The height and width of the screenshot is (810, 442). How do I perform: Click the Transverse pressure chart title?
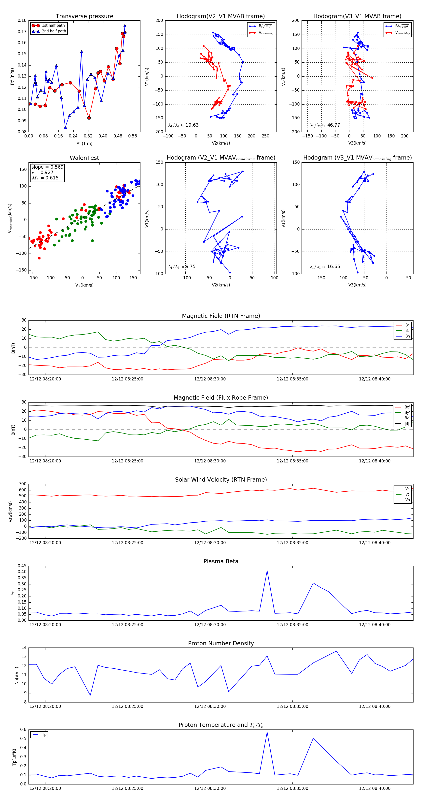click(x=84, y=16)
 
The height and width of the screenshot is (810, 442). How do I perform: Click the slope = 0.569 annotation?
click(x=47, y=167)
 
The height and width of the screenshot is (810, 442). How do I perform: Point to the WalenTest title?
click(x=84, y=158)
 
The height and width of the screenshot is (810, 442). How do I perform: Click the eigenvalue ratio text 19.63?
click(x=192, y=125)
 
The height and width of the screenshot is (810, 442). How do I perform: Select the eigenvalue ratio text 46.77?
click(x=333, y=125)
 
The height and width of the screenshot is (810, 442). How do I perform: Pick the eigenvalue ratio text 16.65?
click(x=333, y=267)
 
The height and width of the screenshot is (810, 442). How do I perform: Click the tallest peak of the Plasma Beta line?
click(x=267, y=571)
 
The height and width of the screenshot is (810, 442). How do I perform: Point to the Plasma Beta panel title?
click(x=221, y=561)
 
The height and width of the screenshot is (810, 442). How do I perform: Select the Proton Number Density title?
click(x=221, y=643)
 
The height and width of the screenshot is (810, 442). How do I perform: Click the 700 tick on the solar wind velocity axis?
click(x=23, y=484)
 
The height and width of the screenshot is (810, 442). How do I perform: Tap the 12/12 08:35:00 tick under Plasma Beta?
click(x=292, y=624)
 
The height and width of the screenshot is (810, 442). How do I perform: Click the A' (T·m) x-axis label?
click(x=84, y=143)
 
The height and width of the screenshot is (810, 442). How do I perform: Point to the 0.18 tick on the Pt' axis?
click(x=22, y=20)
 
